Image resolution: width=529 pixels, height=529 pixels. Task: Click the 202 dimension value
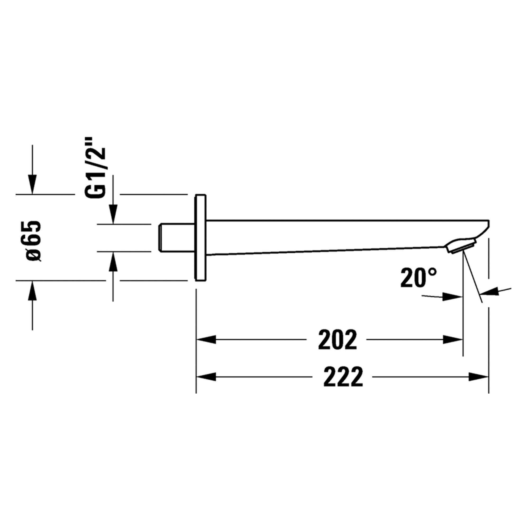(337, 340)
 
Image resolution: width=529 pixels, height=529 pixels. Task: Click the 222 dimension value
(343, 377)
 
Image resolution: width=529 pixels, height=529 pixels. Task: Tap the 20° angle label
(418, 278)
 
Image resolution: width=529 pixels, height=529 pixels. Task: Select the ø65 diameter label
(33, 241)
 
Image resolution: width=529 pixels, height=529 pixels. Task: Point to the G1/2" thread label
(94, 171)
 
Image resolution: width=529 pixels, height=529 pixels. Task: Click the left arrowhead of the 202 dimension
(206, 340)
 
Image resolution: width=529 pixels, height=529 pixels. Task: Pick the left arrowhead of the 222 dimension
(206, 377)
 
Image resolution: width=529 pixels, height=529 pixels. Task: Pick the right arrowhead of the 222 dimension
(479, 377)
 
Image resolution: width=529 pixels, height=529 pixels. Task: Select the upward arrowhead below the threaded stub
(113, 262)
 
